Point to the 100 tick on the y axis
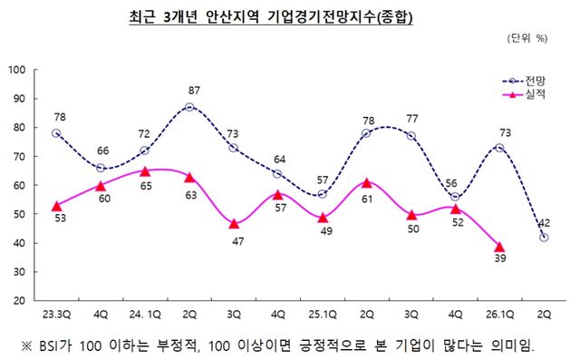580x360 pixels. click(x=16, y=70)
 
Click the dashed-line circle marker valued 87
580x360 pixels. click(x=188, y=107)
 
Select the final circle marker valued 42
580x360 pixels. click(x=543, y=237)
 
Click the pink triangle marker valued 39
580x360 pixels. click(x=499, y=246)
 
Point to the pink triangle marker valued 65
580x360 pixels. click(x=144, y=170)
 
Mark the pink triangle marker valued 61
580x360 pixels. click(x=365, y=182)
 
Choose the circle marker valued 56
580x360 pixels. click(x=455, y=197)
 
